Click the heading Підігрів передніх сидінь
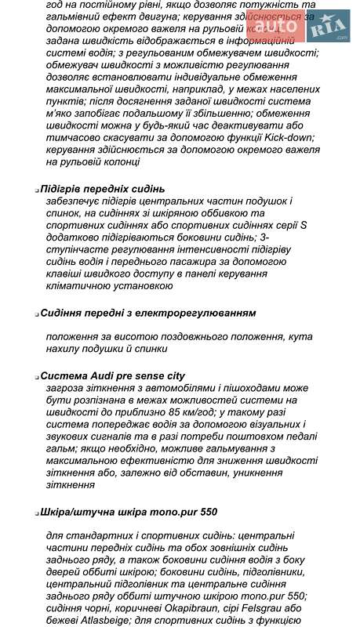point(103,189)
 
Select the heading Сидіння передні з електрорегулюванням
point(147,313)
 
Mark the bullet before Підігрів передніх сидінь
point(36,190)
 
